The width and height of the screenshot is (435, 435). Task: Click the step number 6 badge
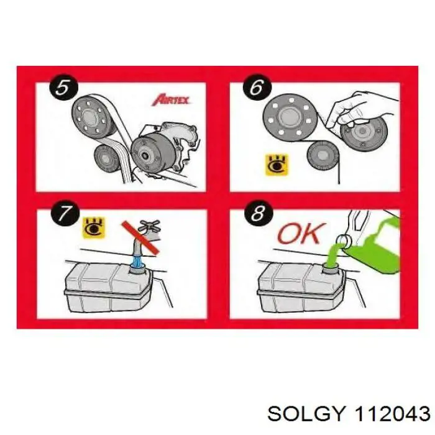pos(255,87)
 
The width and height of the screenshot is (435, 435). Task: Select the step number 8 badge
pos(256,216)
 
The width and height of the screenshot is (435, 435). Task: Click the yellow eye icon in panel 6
pos(272,163)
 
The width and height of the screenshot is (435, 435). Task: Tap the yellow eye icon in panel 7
pos(94,227)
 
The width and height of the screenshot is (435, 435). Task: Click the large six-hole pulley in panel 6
pos(288,117)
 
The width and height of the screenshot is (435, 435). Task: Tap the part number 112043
pos(391,412)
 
